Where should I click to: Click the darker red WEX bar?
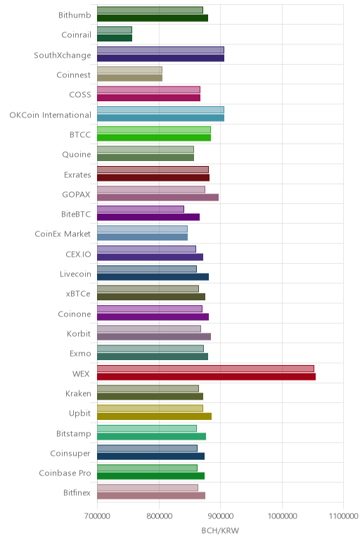(206, 376)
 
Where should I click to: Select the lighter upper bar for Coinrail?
(115, 30)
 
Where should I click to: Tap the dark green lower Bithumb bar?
(153, 18)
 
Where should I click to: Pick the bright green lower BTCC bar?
(154, 137)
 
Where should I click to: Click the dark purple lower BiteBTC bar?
(148, 217)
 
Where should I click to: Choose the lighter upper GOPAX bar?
(151, 189)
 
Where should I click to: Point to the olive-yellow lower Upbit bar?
(155, 416)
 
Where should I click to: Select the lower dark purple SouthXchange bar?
(160, 58)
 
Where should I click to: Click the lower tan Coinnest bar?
(130, 77)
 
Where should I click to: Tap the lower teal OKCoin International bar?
(160, 117)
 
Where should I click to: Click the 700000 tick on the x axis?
(97, 516)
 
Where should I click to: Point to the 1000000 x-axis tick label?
(282, 516)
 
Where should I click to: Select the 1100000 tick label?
(343, 516)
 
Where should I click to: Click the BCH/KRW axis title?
(220, 530)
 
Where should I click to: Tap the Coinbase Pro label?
(65, 473)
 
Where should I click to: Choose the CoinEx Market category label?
(63, 234)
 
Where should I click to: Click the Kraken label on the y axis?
(78, 393)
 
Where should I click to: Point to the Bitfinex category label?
(77, 492)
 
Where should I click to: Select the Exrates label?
(77, 174)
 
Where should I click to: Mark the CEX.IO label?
(78, 254)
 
